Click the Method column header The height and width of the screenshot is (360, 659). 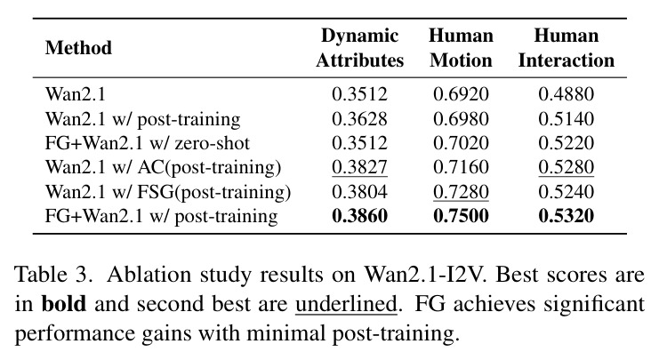(x=78, y=47)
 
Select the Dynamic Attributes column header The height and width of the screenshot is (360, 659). (x=360, y=48)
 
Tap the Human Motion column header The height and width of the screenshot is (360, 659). (x=461, y=48)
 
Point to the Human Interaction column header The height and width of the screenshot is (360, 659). (x=567, y=48)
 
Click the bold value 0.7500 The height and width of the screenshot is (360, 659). (x=461, y=216)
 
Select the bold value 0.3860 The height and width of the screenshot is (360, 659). (x=360, y=216)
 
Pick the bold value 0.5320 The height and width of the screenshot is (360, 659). (x=567, y=216)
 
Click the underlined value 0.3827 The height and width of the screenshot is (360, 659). (x=360, y=167)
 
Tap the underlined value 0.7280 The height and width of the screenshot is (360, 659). (x=461, y=191)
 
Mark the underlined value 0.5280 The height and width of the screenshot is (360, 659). (x=567, y=167)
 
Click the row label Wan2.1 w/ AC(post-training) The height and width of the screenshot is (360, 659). (x=163, y=168)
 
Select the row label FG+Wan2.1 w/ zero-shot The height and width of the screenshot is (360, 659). (x=148, y=143)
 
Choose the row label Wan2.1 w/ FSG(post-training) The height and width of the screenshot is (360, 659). (x=168, y=192)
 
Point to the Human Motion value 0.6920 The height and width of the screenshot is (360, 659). (x=461, y=94)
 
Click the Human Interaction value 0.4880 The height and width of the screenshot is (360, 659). (x=567, y=94)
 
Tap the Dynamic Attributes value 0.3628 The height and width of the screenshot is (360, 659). (x=360, y=119)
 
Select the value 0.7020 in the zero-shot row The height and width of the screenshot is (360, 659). (x=461, y=143)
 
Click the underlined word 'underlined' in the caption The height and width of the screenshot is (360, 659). (x=346, y=303)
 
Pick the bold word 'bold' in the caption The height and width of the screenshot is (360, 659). (x=64, y=303)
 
